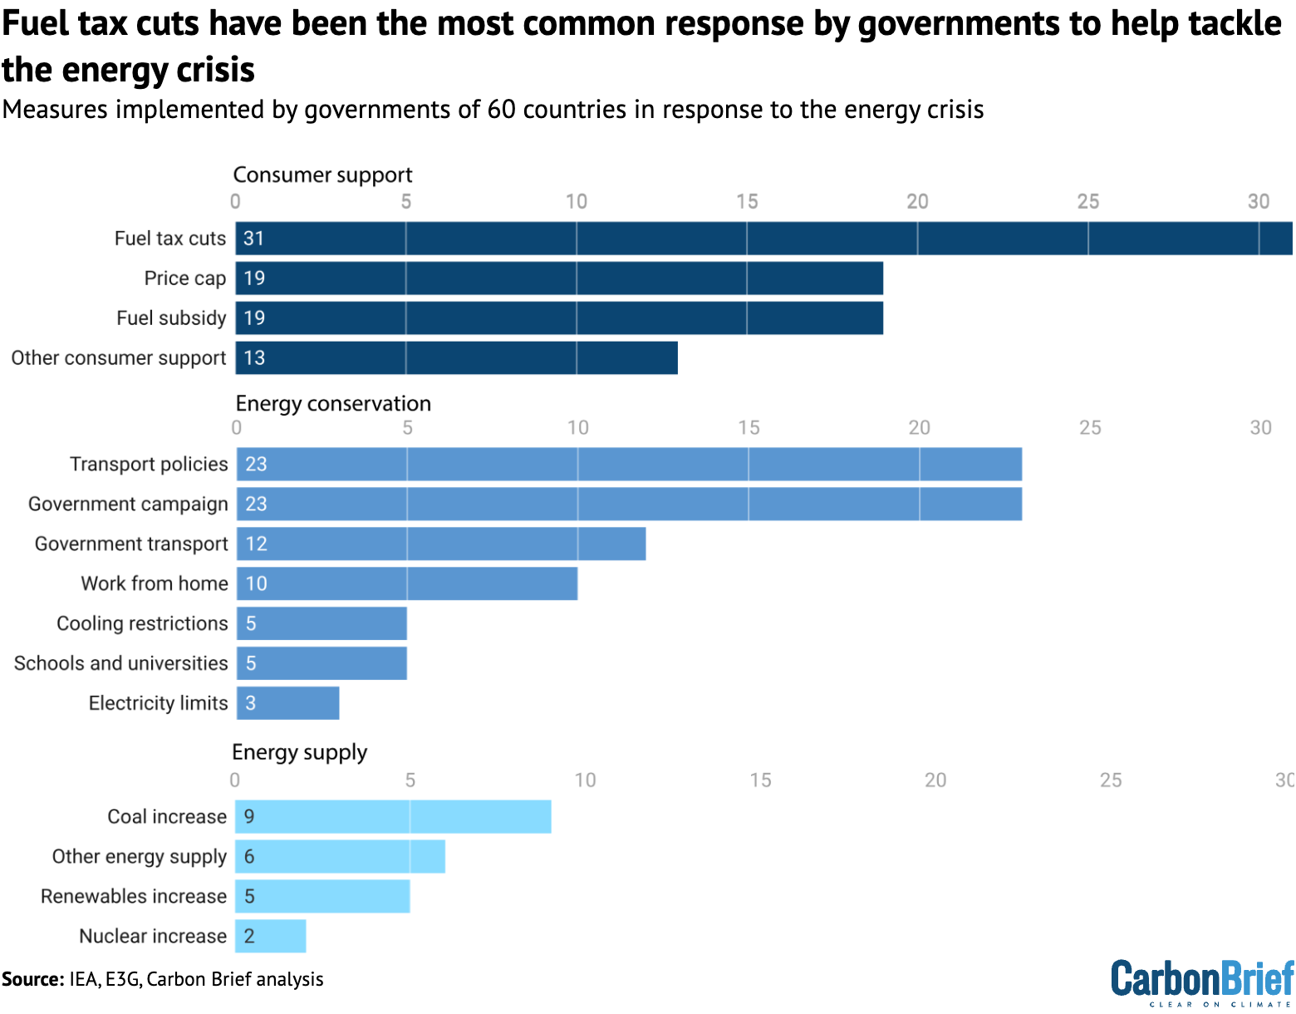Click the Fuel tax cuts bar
(763, 239)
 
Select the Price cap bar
(559, 278)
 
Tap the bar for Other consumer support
(456, 358)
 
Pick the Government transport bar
(441, 544)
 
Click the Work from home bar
(407, 583)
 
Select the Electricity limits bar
(288, 703)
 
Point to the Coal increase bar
(393, 817)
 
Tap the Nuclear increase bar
(271, 937)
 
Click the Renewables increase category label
(134, 897)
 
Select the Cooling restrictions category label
(142, 623)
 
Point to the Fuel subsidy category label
(171, 318)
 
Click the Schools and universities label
(121, 663)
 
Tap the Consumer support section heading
(322, 175)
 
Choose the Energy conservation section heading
(333, 404)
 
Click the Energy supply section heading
(299, 752)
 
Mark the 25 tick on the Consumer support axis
(1087, 202)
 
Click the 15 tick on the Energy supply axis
(760, 780)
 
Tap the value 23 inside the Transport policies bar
(256, 465)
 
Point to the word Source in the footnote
(32, 979)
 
